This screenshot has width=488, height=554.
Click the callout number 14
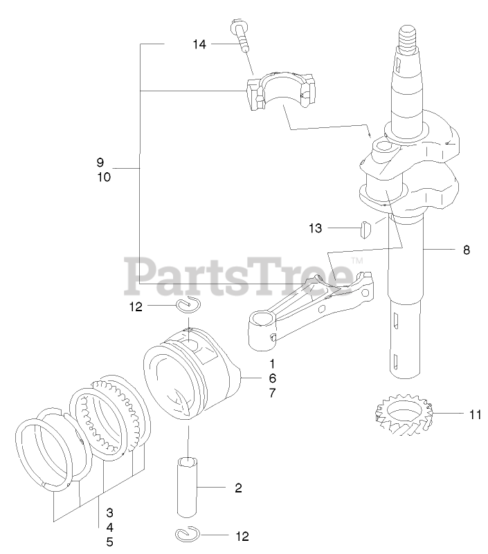click(199, 44)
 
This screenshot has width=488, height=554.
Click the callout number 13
click(316, 228)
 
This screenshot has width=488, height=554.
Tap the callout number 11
click(474, 415)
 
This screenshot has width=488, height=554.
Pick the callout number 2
click(238, 488)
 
